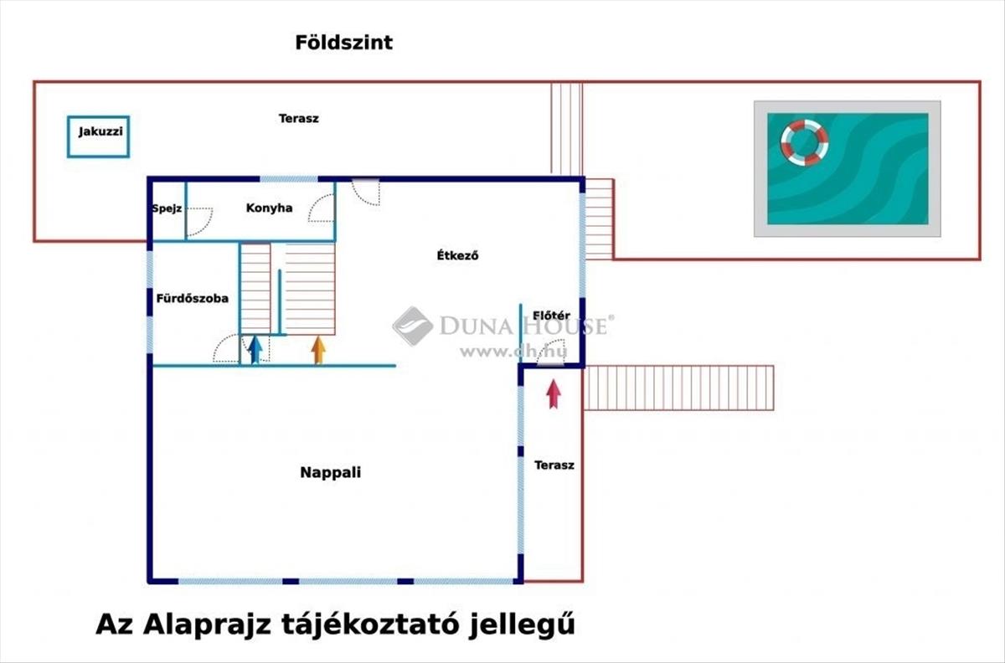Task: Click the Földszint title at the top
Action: (x=343, y=43)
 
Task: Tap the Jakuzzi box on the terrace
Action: (x=98, y=136)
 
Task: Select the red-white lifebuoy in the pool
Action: (x=804, y=141)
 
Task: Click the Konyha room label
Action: (x=269, y=208)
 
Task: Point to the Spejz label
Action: (x=167, y=208)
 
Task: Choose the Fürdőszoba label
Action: (x=192, y=298)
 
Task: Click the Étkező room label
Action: (x=457, y=256)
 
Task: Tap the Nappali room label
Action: (x=330, y=472)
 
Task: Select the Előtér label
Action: (x=551, y=316)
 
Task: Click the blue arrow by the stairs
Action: (x=255, y=348)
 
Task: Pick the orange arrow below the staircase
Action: (x=318, y=349)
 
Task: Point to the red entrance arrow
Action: (x=553, y=393)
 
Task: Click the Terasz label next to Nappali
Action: (x=554, y=465)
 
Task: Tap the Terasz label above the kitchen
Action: (x=298, y=119)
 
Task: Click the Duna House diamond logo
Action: (x=412, y=326)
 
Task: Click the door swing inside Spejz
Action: (x=198, y=221)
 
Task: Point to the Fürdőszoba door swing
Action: (x=226, y=349)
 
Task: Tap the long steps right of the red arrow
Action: (x=678, y=388)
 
